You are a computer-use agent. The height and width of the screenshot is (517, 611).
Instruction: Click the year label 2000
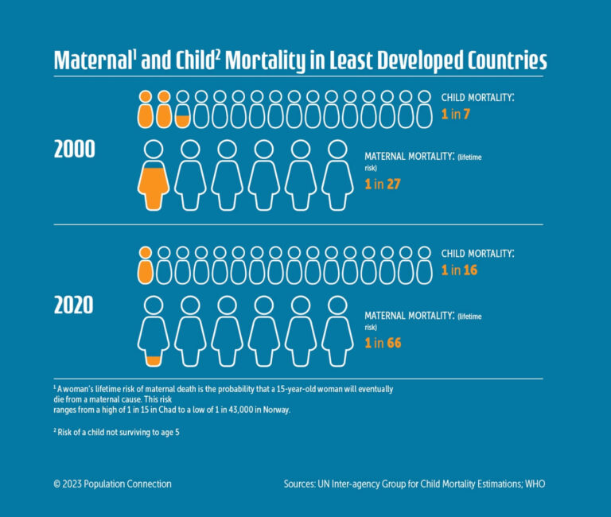point(74,150)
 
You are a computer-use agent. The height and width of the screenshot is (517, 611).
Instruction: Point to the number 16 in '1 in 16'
point(470,270)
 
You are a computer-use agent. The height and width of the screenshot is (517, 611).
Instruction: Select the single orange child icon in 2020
point(145,266)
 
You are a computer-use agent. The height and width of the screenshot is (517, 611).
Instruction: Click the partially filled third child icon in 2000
point(182,110)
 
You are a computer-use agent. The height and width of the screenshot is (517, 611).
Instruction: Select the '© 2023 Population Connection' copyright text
point(112,484)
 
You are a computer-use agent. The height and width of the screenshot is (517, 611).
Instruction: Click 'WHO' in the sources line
point(535,484)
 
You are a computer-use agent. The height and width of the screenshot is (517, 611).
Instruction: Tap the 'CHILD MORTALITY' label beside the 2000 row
point(477,97)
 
